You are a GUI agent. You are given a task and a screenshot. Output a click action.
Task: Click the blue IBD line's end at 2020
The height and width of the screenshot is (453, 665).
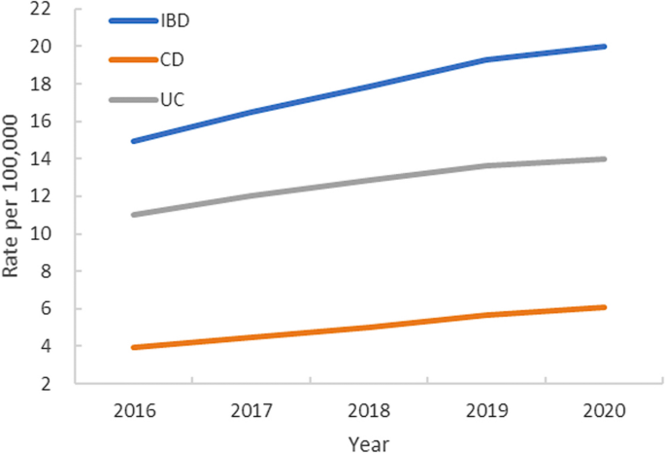604,47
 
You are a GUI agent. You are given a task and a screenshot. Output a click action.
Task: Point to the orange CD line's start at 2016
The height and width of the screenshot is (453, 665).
133,347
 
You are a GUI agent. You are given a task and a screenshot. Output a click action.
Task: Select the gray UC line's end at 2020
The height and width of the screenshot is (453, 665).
604,158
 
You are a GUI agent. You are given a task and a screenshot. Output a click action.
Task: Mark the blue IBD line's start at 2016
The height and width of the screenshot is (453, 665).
133,141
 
